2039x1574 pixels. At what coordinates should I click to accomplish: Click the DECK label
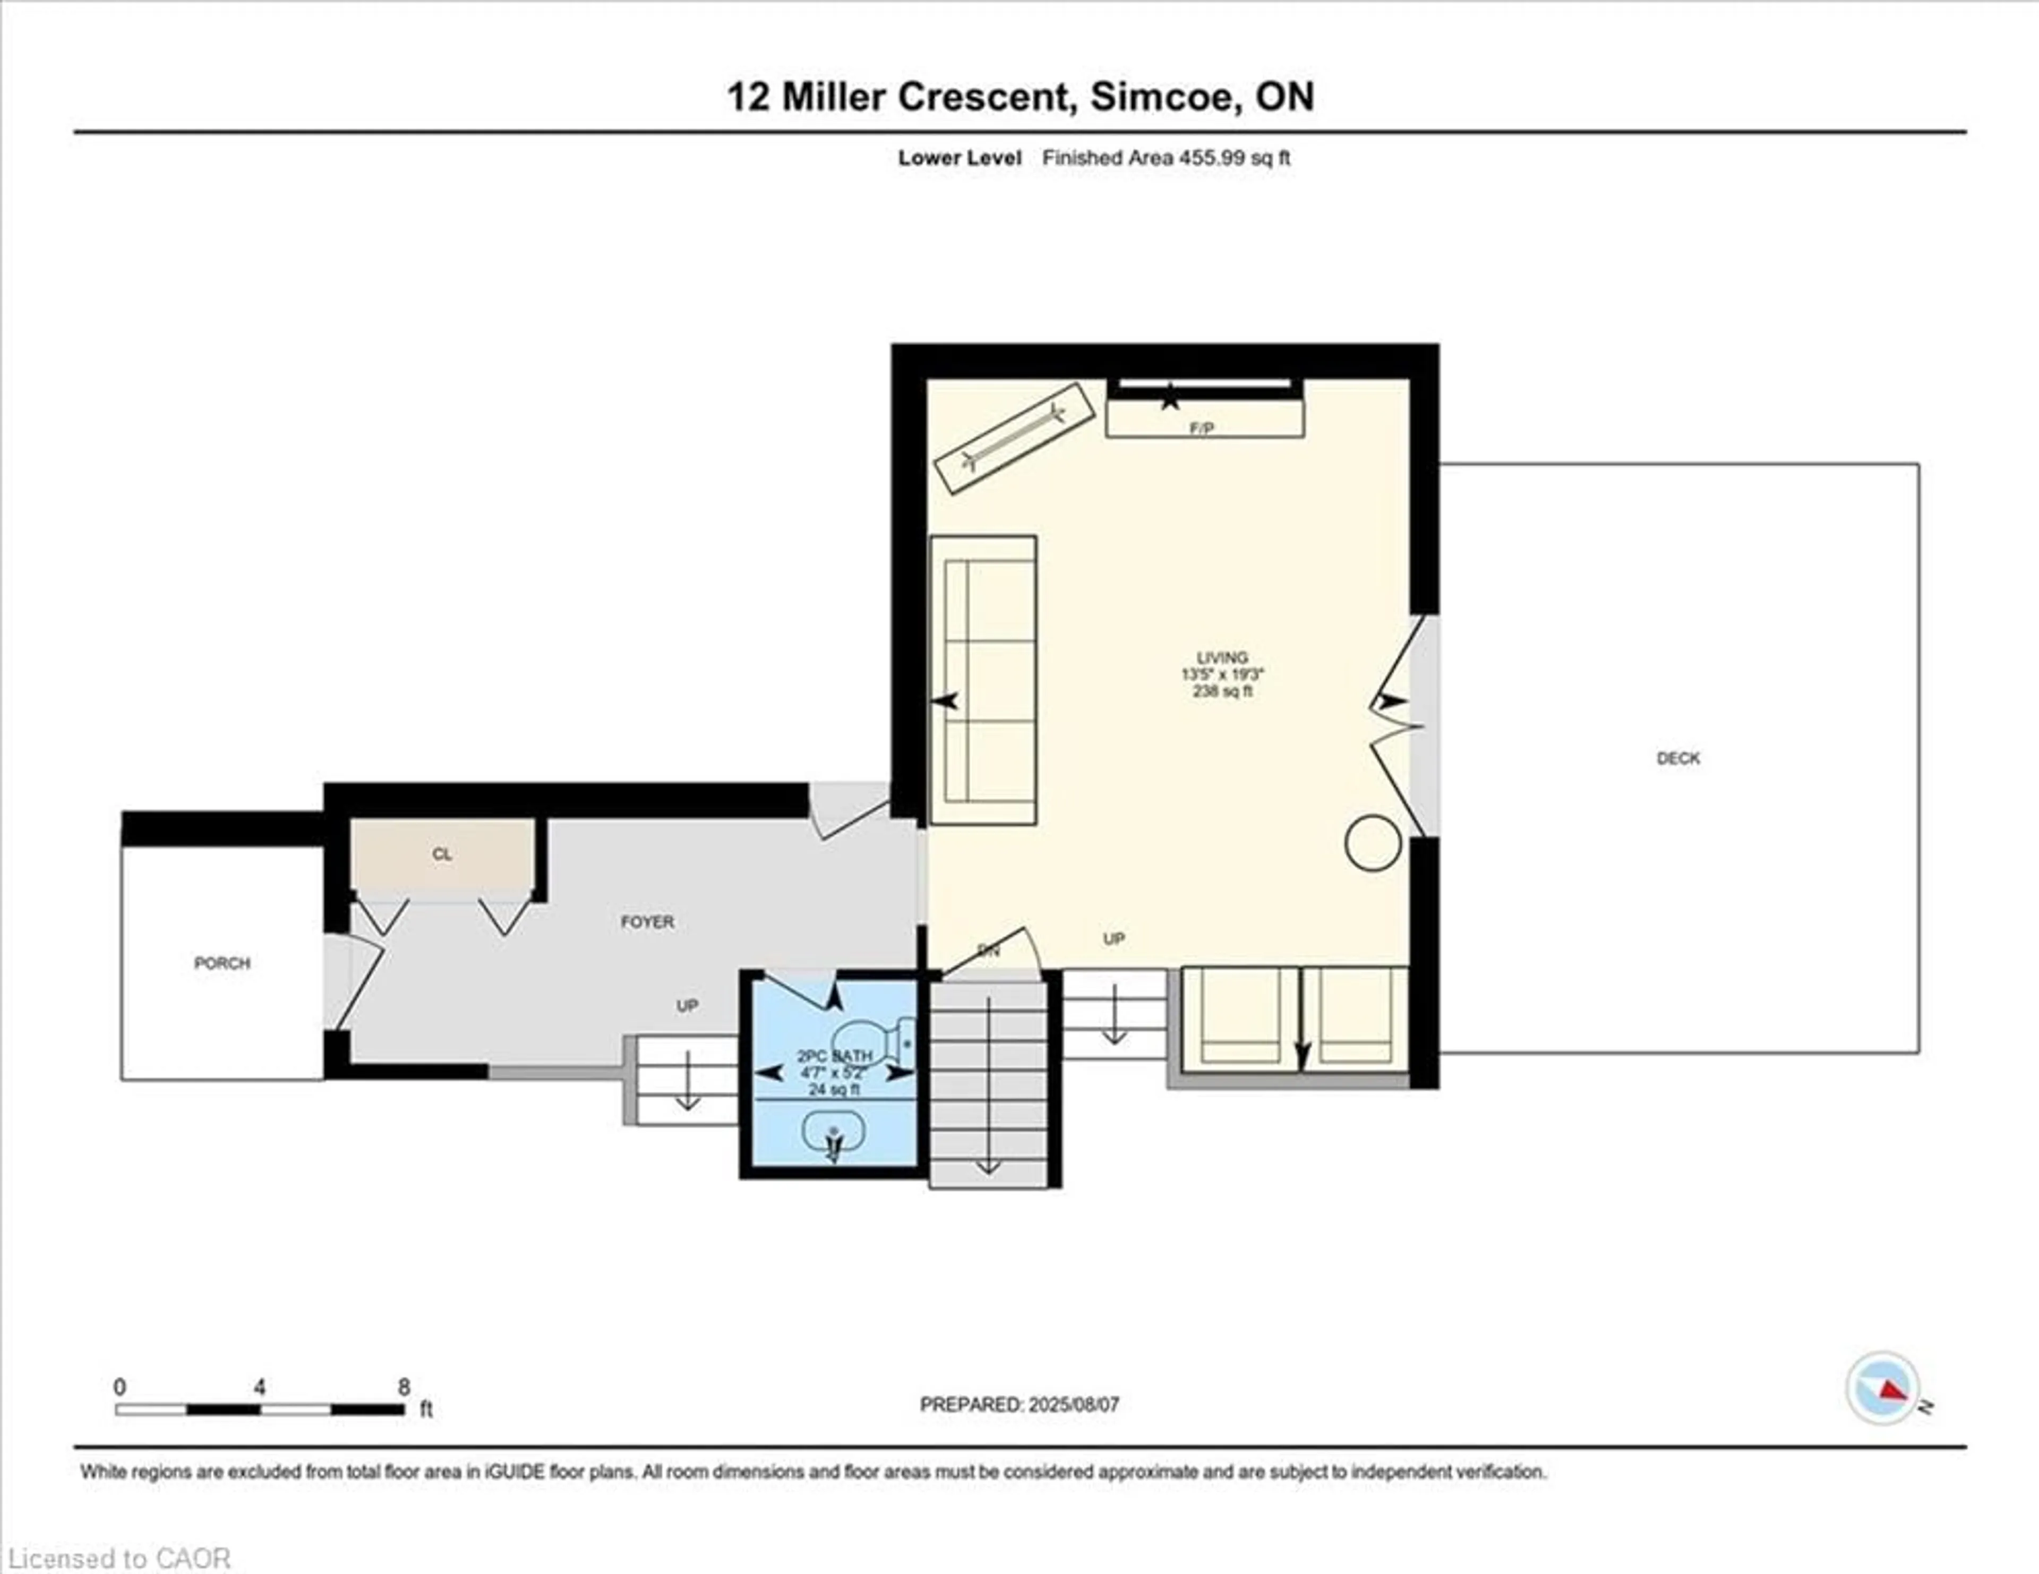click(x=1678, y=758)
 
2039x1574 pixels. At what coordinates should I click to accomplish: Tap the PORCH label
click(x=222, y=963)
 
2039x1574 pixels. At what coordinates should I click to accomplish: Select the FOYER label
click(x=647, y=921)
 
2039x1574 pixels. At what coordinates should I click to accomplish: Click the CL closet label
click(x=442, y=854)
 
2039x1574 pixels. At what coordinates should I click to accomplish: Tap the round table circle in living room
click(x=1373, y=843)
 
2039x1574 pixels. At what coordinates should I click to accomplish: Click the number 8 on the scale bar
click(x=404, y=1387)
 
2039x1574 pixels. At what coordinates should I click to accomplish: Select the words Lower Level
click(x=959, y=158)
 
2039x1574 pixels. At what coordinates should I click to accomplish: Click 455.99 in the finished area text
click(x=1211, y=158)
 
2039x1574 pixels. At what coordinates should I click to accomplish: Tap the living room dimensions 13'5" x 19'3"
click(x=1222, y=674)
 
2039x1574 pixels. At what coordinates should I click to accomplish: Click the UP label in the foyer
click(x=687, y=1005)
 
